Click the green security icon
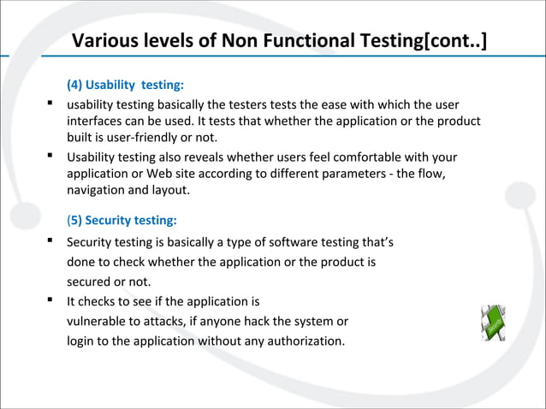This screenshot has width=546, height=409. [494, 321]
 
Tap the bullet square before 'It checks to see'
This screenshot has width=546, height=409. [52, 300]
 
